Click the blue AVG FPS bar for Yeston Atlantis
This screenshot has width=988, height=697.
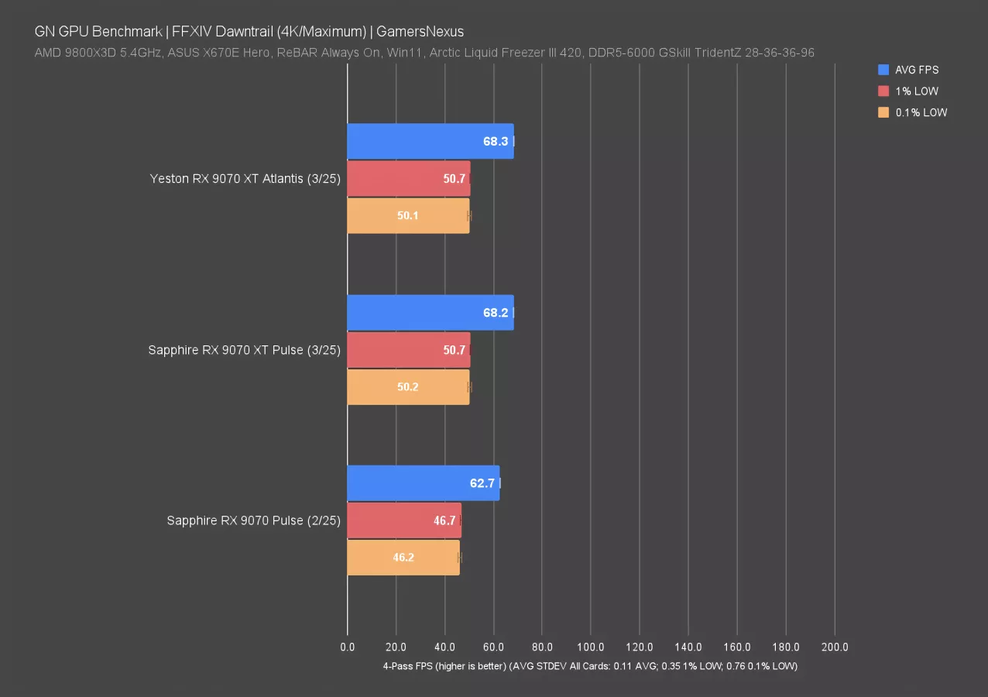(430, 142)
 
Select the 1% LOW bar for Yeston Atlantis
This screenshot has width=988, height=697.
(408, 179)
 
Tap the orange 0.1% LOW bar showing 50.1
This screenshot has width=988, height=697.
(408, 216)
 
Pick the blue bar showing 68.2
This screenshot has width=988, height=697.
(430, 313)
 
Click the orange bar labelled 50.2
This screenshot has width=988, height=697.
(408, 387)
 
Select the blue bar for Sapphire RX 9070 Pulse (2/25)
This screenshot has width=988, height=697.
(423, 483)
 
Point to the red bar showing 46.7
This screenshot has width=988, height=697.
(403, 520)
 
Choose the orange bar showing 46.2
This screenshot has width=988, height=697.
(403, 557)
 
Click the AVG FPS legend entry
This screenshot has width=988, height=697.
(917, 70)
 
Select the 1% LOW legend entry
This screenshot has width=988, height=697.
(917, 91)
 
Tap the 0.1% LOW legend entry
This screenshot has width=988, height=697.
(921, 112)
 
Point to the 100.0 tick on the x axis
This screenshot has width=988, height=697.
(591, 647)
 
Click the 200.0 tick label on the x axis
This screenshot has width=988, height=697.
(835, 647)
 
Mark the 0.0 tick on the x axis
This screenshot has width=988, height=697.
(348, 647)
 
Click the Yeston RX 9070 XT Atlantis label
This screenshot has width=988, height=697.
(245, 179)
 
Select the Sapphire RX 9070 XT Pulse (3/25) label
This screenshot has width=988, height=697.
(244, 350)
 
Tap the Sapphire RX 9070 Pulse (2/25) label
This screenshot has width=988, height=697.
(253, 520)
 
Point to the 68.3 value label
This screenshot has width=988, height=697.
(495, 142)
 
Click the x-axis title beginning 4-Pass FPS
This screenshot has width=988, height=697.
(590, 666)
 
